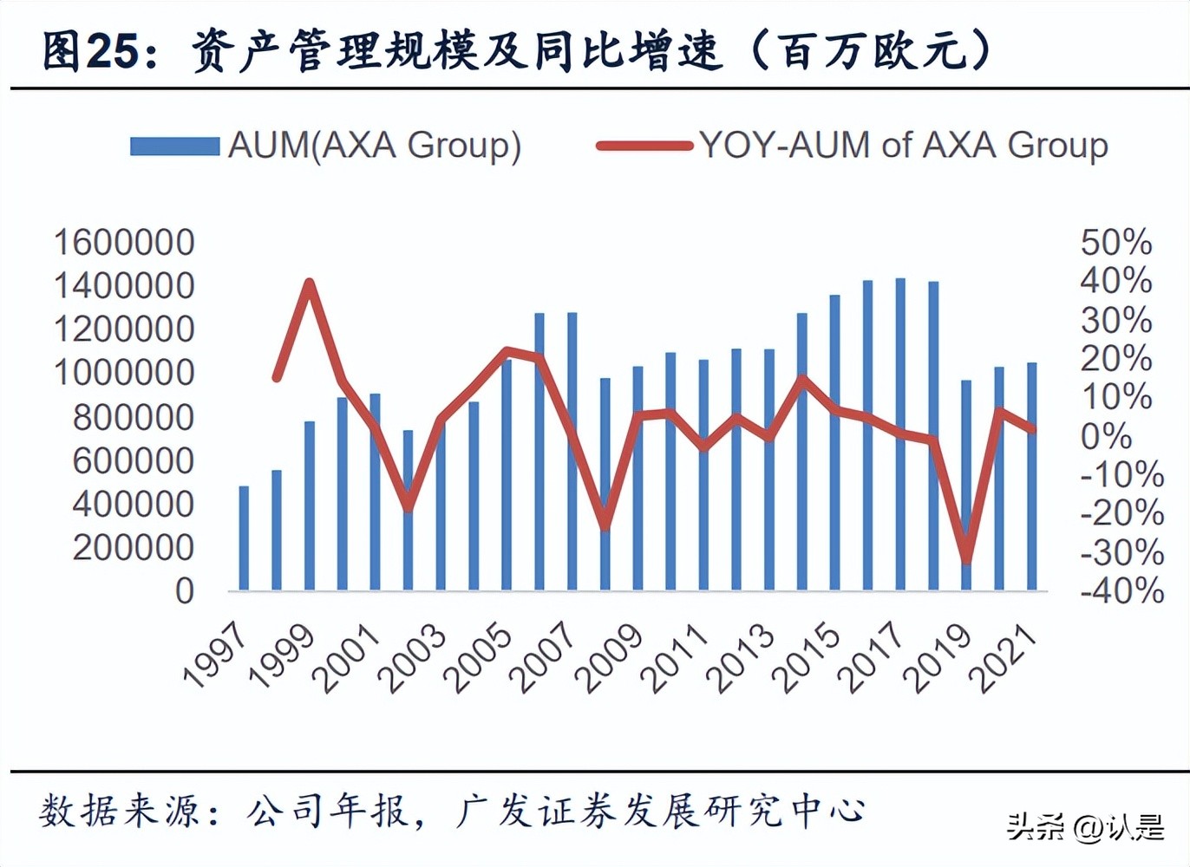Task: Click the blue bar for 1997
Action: pos(244,538)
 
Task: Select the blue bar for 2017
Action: pos(900,434)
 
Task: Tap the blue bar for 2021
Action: pos(1032,477)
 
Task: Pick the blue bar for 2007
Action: pos(572,452)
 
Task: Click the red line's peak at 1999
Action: pos(310,283)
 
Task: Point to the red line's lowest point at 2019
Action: pos(966,561)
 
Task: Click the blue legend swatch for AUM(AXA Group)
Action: pos(174,146)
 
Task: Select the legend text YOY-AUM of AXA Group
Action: pos(903,146)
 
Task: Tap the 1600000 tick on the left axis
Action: pos(124,243)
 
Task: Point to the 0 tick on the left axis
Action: pos(184,591)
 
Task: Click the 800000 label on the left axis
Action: pos(133,417)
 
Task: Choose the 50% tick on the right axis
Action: pos(1115,243)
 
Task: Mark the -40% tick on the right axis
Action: pos(1121,591)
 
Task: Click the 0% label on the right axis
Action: pos(1106,436)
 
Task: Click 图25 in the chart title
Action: pos(90,52)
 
